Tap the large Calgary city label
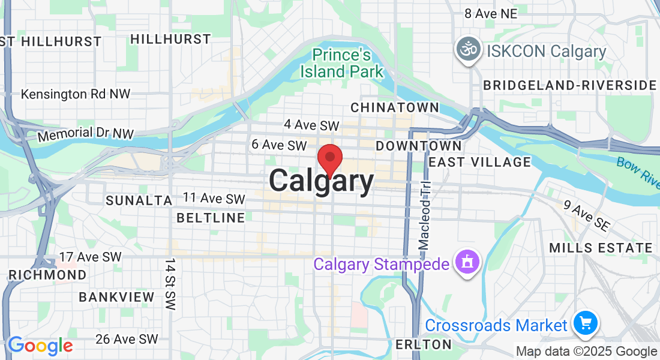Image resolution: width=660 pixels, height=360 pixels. pos(322,181)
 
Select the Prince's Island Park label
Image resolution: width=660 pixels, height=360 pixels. pos(342,64)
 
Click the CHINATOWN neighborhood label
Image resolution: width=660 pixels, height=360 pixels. pos(394,107)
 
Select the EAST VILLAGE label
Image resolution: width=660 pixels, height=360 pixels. pos(479,162)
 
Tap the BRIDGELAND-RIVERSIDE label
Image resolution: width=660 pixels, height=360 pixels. pos(570,85)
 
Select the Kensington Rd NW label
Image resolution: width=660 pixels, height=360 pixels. pos(76,94)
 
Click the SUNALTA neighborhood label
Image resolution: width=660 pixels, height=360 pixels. pos(139,200)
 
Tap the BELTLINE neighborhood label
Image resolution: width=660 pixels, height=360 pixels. pos(211,217)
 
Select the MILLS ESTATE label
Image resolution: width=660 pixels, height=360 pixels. pos(601,248)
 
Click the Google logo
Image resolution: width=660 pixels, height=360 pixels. pos(40,346)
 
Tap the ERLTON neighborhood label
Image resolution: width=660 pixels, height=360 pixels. pos(423,344)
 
